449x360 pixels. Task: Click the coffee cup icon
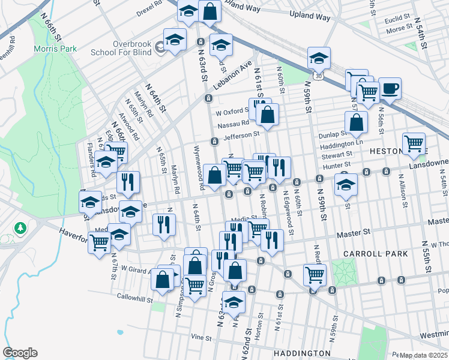(x=390, y=89)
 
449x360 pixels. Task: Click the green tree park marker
(x=21, y=228)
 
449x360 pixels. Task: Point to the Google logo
(x=20, y=353)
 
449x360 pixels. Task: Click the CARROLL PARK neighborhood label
(x=376, y=254)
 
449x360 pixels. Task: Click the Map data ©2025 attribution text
(x=424, y=355)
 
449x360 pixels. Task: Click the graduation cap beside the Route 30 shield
(x=319, y=58)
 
